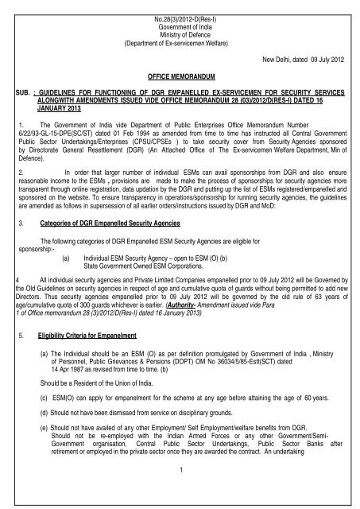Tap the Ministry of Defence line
pos(180,25)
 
